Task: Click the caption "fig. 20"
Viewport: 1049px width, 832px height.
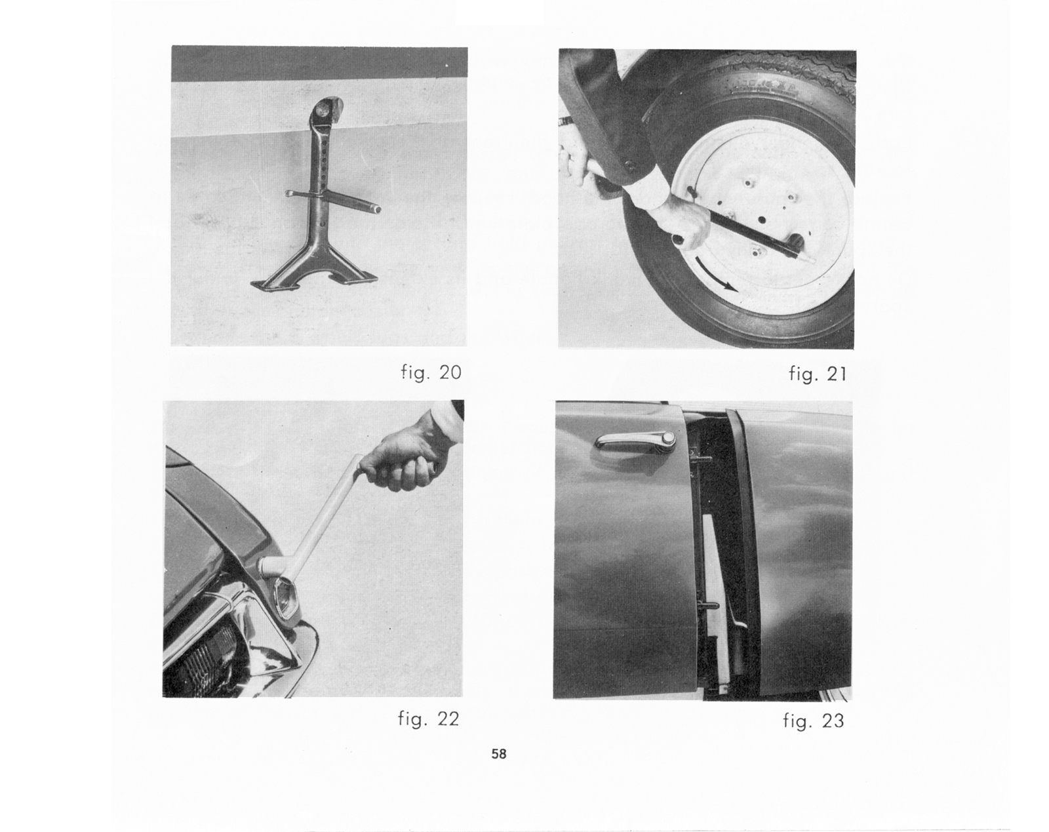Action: (431, 373)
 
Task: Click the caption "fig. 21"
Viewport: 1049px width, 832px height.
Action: (818, 374)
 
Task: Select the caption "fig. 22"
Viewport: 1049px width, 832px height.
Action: (429, 719)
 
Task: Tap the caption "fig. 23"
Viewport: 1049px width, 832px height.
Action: (814, 721)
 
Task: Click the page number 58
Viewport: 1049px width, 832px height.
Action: (499, 754)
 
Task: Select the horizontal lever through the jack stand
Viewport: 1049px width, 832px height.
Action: (332, 200)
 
